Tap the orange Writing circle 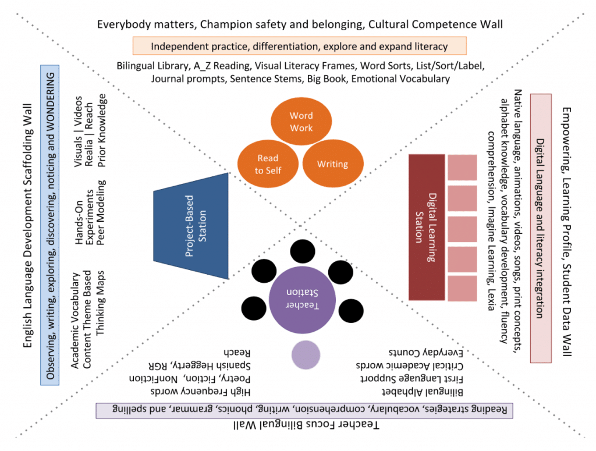pos(332,164)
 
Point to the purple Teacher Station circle pos(303,300)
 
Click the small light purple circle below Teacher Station pos(305,354)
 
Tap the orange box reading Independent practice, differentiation pos(299,46)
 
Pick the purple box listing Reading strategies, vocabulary pos(299,409)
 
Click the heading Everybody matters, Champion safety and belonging pos(299,24)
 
